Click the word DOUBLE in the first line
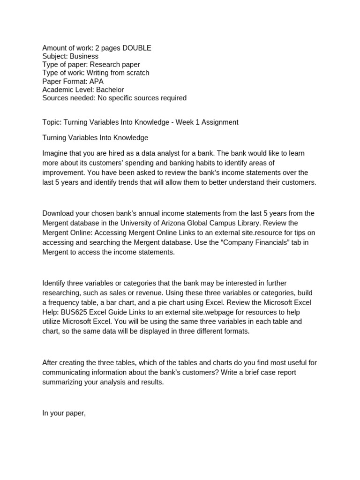(135, 48)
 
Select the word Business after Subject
(84, 56)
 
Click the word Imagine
(55, 153)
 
